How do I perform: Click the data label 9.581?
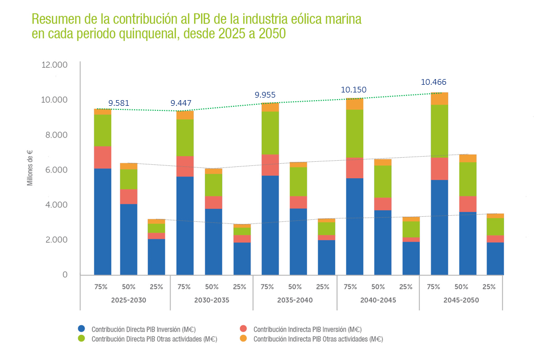(x=119, y=103)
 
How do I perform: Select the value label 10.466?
(x=434, y=82)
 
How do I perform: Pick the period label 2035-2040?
(x=295, y=300)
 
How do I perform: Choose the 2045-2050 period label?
(x=461, y=300)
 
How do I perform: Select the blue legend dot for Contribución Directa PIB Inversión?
(x=82, y=329)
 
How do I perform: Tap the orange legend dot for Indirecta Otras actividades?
(x=244, y=339)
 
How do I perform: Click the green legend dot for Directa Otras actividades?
(x=82, y=339)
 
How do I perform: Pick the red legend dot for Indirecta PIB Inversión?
(x=244, y=329)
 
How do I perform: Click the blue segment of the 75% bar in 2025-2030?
(x=103, y=221)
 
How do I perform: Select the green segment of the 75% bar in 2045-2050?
(x=439, y=131)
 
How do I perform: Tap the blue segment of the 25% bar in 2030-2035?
(x=242, y=258)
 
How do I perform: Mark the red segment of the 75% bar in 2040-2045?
(x=355, y=168)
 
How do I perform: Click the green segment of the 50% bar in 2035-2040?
(x=298, y=181)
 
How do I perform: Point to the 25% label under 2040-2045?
(x=406, y=287)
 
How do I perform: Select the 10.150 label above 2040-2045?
(x=354, y=90)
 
